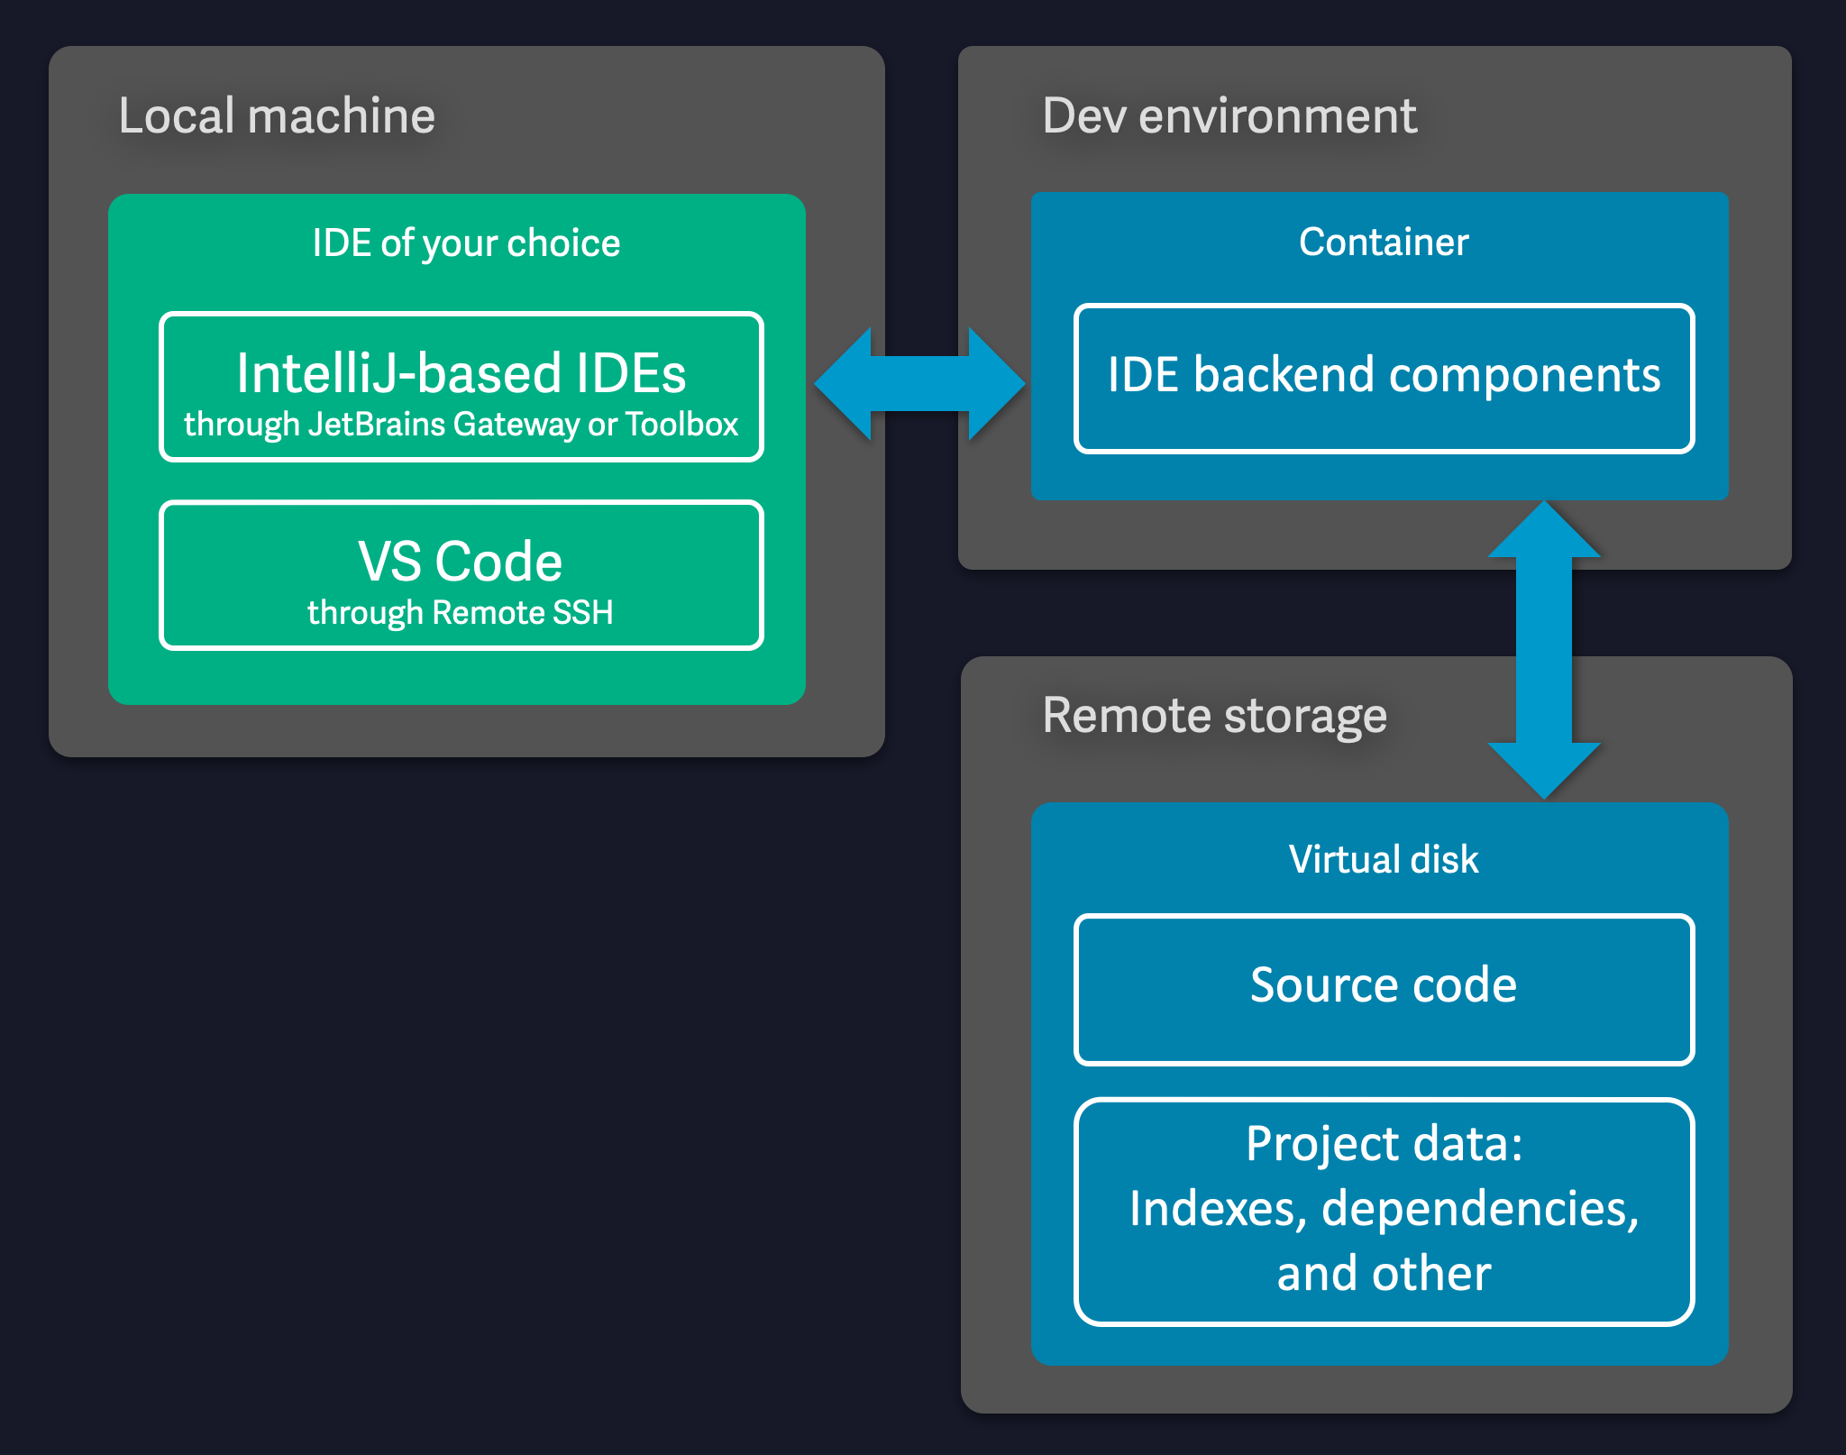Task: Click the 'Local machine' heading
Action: click(277, 116)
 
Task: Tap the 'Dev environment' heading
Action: click(1229, 116)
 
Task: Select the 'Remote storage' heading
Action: click(1213, 716)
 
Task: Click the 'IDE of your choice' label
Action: click(466, 243)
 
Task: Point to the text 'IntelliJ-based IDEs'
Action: click(461, 373)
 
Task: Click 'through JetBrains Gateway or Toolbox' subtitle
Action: click(461, 425)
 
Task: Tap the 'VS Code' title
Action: click(460, 562)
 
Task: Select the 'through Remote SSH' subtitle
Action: click(460, 613)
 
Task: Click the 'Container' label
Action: click(1383, 242)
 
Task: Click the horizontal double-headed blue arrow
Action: click(919, 384)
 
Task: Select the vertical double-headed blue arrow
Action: click(1543, 649)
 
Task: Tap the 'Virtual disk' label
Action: click(1383, 859)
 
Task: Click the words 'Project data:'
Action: click(1383, 1144)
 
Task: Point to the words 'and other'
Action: click(1383, 1274)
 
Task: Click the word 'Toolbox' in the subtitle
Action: click(681, 425)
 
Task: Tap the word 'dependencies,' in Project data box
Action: click(1479, 1209)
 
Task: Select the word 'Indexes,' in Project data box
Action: click(1217, 1209)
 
